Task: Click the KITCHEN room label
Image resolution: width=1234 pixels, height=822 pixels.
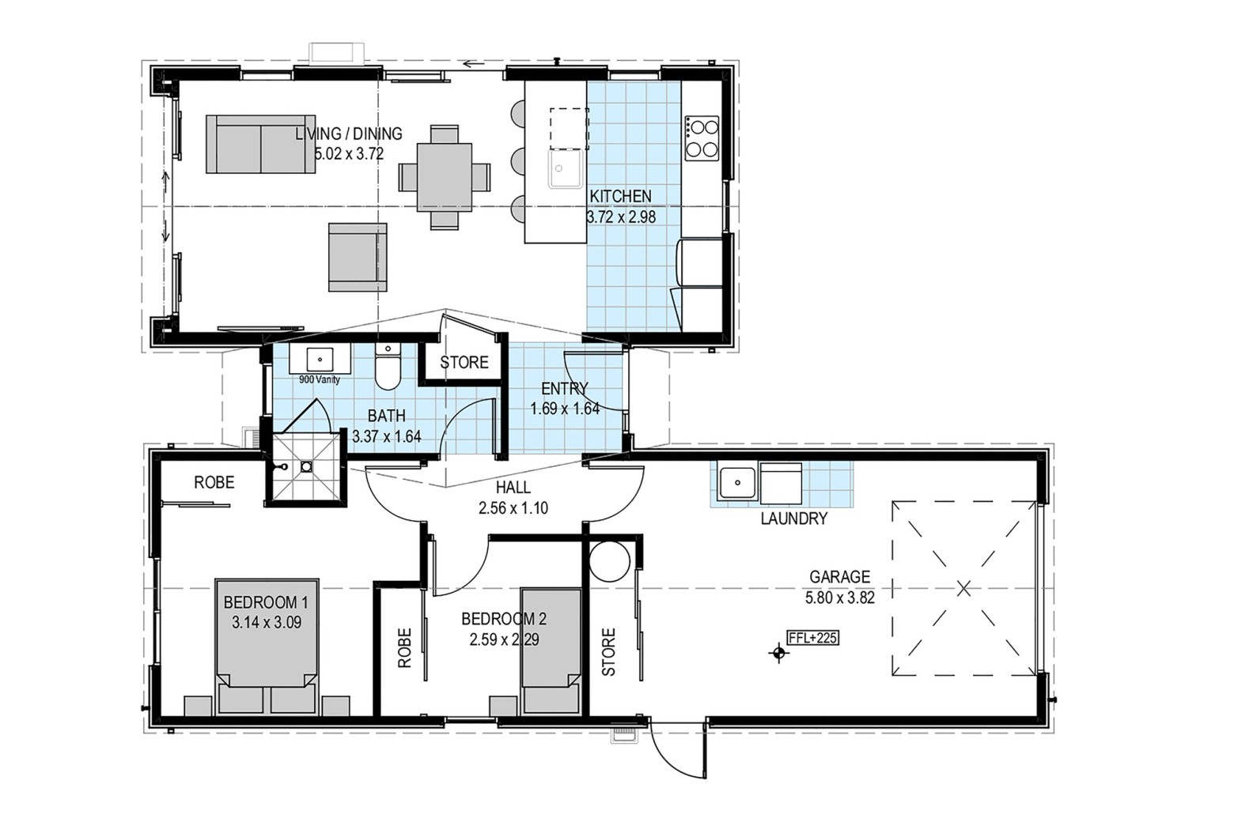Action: [620, 196]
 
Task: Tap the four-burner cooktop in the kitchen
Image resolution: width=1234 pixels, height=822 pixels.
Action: [702, 138]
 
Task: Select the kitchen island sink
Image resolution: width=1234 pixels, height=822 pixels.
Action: [566, 168]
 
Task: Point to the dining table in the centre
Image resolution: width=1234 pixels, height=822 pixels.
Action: [444, 177]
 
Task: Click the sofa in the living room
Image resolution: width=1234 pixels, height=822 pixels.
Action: [260, 145]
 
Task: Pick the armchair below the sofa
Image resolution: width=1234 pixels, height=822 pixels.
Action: [358, 257]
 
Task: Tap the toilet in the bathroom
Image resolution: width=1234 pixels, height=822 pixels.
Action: [388, 366]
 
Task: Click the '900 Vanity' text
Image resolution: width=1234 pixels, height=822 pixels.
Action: [320, 380]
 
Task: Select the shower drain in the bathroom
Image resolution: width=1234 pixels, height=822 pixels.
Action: [306, 467]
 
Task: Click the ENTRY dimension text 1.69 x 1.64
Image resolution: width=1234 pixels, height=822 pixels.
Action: [565, 409]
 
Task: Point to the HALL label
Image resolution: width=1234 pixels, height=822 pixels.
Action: [513, 487]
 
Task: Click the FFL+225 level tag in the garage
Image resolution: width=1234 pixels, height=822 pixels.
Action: [813, 638]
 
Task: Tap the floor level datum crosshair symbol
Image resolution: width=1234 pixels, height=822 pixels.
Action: [779, 653]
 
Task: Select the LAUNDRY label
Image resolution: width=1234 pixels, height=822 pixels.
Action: [794, 518]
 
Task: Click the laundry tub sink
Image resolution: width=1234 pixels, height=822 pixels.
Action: [738, 483]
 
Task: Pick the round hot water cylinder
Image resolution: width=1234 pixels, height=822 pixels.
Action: [609, 562]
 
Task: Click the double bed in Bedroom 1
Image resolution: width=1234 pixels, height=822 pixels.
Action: [267, 647]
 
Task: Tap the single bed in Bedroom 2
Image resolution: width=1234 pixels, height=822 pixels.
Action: [551, 651]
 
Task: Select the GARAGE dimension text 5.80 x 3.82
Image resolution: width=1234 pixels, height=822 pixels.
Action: [839, 598]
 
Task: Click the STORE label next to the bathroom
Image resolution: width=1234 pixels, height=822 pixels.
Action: [464, 362]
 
